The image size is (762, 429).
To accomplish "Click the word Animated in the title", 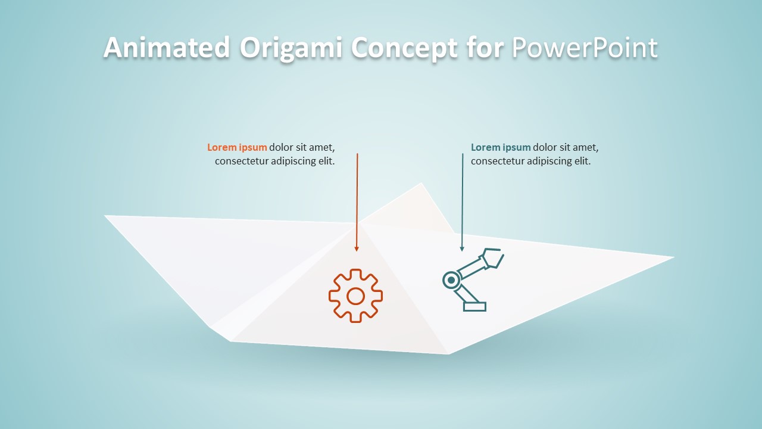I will coord(167,48).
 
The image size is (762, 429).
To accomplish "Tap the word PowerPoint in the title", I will coord(585,48).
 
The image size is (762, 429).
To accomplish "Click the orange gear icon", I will coord(355,296).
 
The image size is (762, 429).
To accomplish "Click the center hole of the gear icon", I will coord(355,296).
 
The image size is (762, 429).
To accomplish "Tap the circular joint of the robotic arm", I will coord(451,279).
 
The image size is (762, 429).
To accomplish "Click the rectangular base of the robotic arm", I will coord(474,306).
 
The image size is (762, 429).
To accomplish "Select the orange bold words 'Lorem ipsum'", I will coord(237,148).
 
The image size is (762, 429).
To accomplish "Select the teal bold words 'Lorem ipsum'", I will coord(501,148).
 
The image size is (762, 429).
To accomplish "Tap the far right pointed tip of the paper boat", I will coord(673,257).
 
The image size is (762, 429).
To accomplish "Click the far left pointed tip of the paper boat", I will coord(106,216).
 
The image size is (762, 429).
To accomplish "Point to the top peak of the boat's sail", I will coord(421,184).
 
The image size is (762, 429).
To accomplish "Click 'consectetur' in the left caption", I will coord(241,161).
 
